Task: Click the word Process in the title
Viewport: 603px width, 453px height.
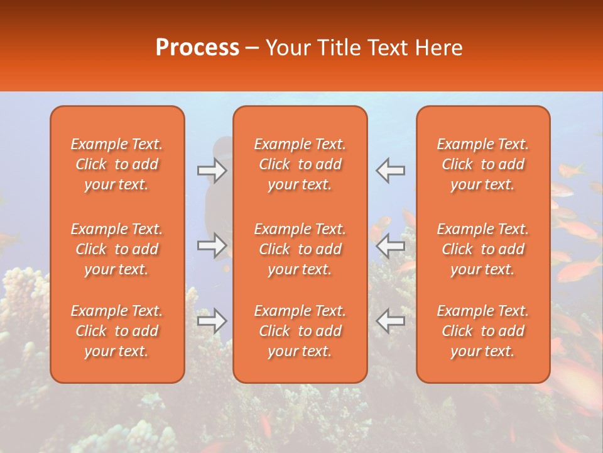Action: [197, 48]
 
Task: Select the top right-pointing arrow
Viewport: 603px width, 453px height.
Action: [212, 170]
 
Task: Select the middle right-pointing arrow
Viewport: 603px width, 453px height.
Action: [212, 245]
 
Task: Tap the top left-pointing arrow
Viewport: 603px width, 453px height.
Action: [390, 170]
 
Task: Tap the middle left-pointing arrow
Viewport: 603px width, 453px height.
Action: [390, 245]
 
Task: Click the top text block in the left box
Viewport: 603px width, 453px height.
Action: [117, 164]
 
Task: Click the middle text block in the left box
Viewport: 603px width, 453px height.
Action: [117, 249]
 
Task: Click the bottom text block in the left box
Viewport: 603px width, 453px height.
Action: [117, 331]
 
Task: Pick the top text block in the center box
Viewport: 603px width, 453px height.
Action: [300, 164]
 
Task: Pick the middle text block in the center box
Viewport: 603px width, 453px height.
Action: [300, 249]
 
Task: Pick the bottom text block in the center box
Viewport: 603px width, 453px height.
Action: [300, 331]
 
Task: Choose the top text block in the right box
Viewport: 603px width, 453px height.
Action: [483, 164]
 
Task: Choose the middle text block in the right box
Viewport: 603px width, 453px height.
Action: [483, 249]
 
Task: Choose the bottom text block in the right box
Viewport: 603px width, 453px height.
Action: [483, 331]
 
